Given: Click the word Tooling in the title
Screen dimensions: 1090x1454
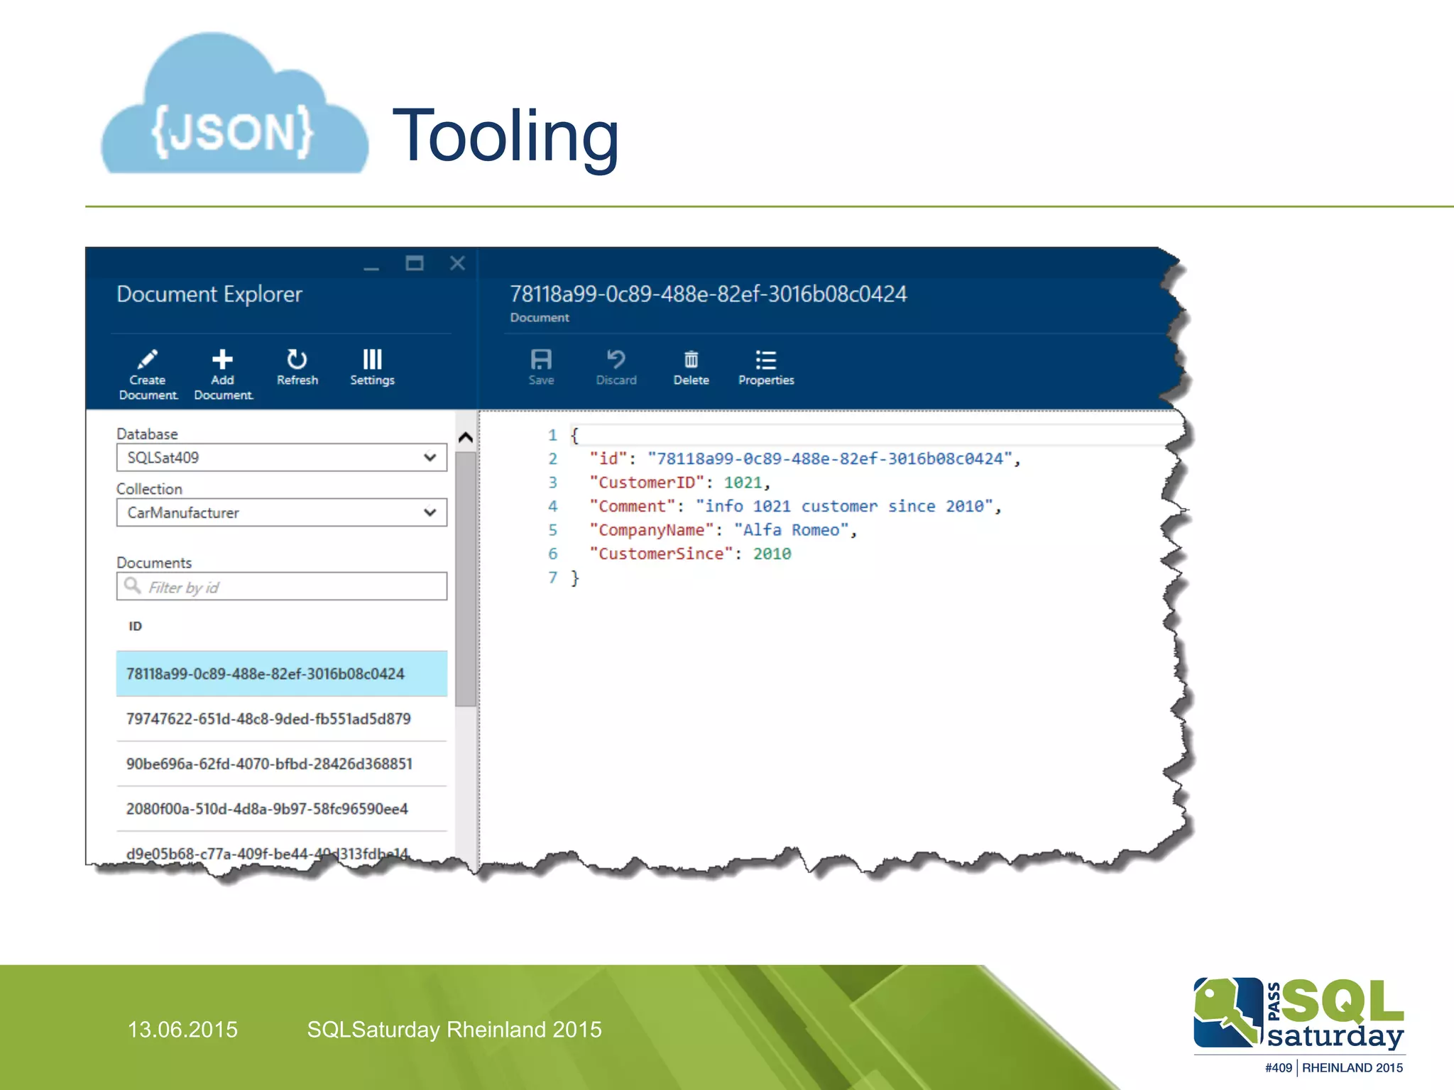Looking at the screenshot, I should (x=505, y=135).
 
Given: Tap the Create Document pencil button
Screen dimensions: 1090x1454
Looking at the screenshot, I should (x=148, y=373).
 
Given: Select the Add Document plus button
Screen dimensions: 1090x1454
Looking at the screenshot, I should (x=222, y=373).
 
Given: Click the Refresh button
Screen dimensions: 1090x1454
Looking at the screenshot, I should (x=297, y=366).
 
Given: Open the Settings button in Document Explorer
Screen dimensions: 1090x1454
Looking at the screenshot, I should (x=372, y=366).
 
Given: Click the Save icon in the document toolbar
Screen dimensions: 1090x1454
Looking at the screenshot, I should (x=541, y=366).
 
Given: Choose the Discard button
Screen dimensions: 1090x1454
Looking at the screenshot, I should (x=616, y=366).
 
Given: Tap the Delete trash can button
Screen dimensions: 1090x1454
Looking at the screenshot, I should (x=691, y=366).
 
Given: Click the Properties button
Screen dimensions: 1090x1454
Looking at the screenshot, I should (x=766, y=366).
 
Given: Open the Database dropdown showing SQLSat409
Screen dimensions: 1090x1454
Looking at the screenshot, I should (x=281, y=458).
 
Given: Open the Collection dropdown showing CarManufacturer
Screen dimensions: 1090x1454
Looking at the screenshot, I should (x=281, y=512).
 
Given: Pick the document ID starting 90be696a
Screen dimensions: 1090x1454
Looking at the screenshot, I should (x=269, y=764).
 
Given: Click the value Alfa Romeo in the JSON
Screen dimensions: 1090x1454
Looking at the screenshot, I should (x=792, y=530).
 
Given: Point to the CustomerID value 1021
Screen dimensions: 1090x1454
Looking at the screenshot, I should (x=743, y=483).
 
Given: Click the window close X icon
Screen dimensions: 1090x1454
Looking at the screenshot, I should (x=457, y=263).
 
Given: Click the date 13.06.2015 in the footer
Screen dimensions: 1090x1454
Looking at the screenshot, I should (x=182, y=1030).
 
